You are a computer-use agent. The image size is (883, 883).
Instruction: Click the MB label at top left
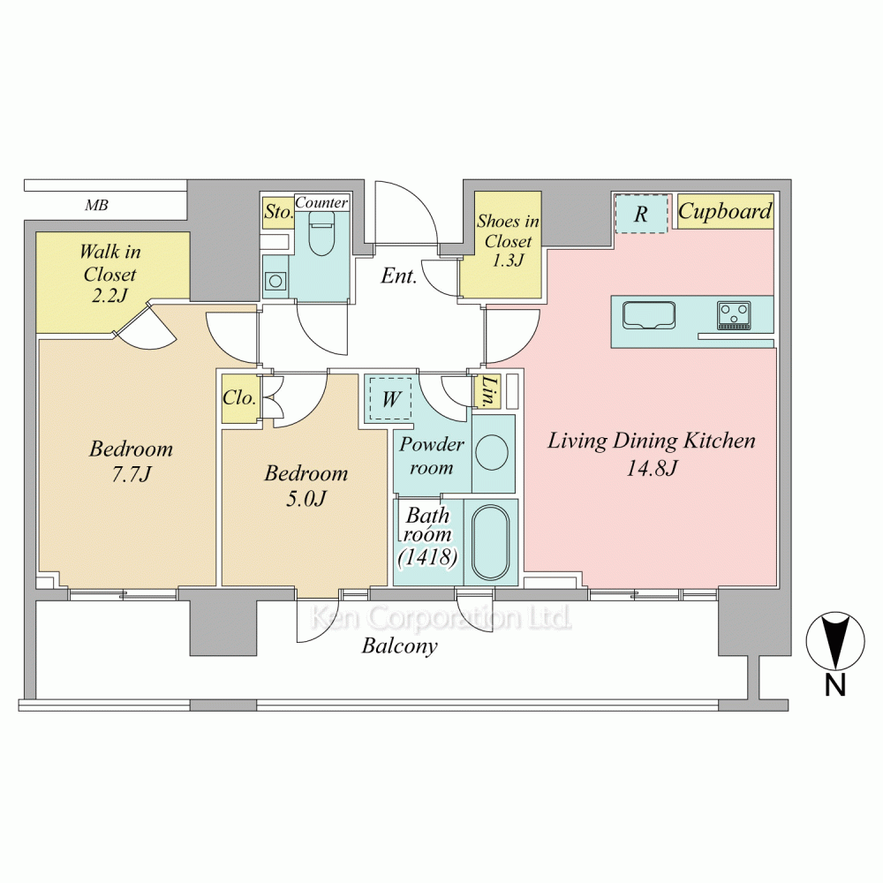tap(96, 205)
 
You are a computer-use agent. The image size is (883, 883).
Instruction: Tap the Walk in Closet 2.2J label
tap(109, 273)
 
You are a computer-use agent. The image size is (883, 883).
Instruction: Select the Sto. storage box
tap(278, 212)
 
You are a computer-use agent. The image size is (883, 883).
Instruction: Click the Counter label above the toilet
tap(321, 202)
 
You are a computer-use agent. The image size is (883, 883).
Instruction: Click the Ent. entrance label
tap(399, 275)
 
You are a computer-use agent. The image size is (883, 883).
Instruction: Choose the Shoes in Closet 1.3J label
tap(508, 240)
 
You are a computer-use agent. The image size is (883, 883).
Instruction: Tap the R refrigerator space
tap(641, 214)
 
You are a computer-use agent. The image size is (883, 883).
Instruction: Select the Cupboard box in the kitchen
tap(725, 212)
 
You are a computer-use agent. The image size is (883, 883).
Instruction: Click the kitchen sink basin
tap(649, 315)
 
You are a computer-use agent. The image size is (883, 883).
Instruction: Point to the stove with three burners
tap(734, 315)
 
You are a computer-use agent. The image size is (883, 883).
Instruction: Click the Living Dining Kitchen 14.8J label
tap(652, 453)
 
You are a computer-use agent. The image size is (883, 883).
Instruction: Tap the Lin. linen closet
tap(487, 391)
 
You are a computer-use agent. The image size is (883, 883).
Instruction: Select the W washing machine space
tap(391, 399)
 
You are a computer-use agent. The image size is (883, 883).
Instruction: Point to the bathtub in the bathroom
tap(490, 542)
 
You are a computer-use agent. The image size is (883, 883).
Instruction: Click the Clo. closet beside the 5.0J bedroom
tap(240, 398)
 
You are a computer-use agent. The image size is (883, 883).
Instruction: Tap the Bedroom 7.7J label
tap(132, 461)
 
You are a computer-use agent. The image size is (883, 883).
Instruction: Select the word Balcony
tap(399, 645)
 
